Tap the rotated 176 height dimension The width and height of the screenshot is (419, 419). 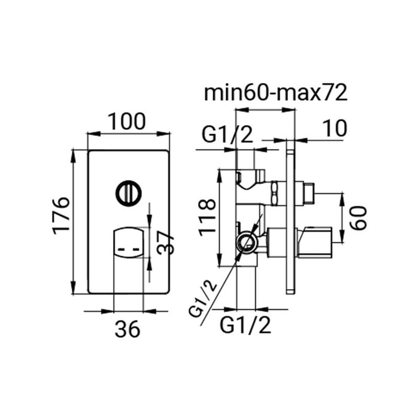[x=62, y=215]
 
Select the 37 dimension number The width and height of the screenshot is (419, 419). [x=168, y=243]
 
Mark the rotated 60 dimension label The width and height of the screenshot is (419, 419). [x=357, y=217]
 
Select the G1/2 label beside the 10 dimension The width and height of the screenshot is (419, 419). [x=227, y=135]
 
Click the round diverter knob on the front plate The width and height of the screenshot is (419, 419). [x=129, y=193]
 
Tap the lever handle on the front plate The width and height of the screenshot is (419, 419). [x=128, y=244]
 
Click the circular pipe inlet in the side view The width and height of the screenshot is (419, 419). [x=245, y=243]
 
